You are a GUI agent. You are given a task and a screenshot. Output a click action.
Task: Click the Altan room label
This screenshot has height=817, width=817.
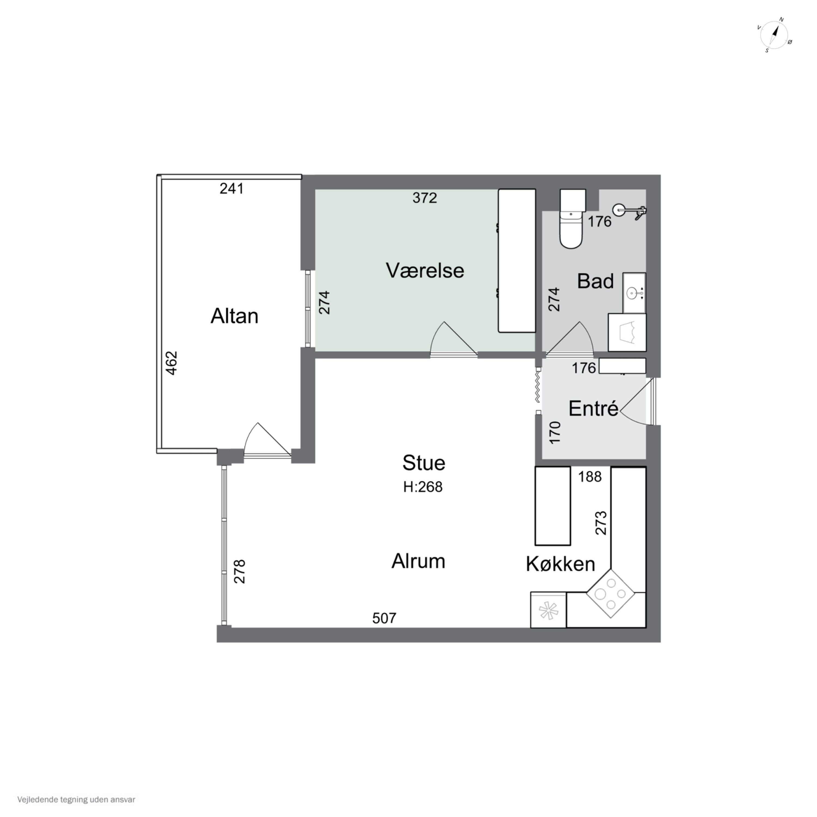[234, 316]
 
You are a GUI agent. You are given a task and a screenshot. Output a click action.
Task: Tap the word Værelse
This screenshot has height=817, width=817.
[425, 271]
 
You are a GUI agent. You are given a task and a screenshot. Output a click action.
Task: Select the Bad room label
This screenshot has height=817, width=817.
[595, 281]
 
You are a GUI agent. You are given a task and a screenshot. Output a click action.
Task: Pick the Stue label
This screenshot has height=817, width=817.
[424, 463]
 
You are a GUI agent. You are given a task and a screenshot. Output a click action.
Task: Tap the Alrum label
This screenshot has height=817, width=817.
[418, 561]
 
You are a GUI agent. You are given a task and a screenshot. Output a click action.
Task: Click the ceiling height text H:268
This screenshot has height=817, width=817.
[423, 487]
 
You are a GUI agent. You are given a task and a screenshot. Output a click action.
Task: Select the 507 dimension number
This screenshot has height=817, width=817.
[384, 618]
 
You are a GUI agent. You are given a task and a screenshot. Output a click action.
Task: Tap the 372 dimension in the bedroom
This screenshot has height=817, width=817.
[425, 198]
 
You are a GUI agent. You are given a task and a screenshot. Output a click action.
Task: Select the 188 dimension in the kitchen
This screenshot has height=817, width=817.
[590, 477]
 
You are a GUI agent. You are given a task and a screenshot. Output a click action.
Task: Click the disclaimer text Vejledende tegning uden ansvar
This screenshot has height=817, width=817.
[76, 800]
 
